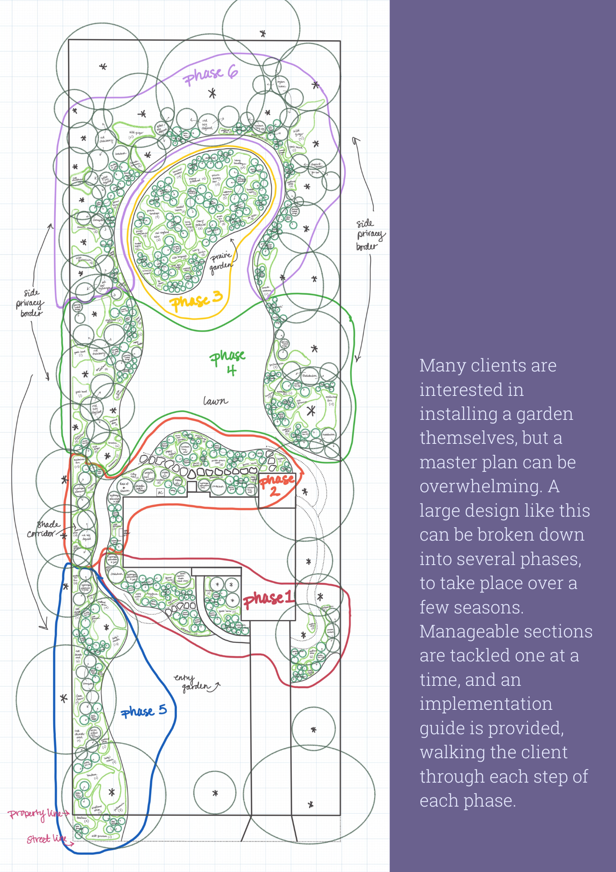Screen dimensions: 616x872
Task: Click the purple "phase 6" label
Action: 210,75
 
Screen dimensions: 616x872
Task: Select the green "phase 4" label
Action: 228,362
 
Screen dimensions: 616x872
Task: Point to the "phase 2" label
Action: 276,485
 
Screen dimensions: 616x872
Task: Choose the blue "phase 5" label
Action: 144,711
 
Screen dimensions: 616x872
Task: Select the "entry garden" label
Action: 192,683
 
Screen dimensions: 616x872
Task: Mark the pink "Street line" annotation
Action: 46,838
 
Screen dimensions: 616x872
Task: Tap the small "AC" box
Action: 160,493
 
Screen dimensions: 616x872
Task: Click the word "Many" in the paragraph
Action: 439,366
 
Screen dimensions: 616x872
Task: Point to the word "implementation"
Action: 486,704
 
